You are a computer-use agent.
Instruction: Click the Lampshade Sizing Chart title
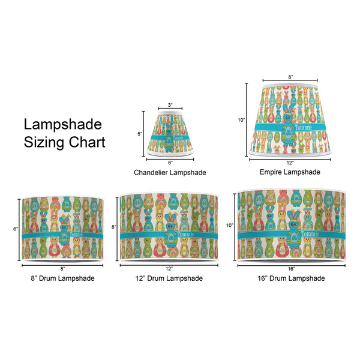click(64, 133)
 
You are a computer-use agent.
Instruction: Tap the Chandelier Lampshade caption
click(170, 172)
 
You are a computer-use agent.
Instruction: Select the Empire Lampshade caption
click(290, 172)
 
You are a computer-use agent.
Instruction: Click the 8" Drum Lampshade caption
click(62, 278)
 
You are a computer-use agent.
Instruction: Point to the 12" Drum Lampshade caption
click(170, 278)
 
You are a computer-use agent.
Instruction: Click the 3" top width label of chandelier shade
click(170, 106)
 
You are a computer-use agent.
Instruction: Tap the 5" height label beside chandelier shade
click(139, 134)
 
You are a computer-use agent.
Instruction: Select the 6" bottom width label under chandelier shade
click(170, 163)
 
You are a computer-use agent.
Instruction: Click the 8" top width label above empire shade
click(290, 77)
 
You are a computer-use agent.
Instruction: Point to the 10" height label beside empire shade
click(241, 120)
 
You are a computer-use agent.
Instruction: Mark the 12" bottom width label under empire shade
click(290, 163)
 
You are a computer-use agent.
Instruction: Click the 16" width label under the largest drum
click(291, 268)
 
